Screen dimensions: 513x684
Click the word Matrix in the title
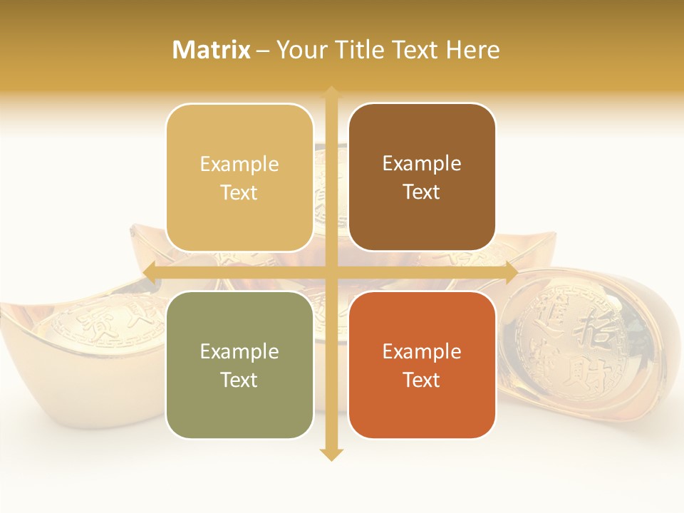(212, 50)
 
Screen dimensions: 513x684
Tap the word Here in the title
(472, 50)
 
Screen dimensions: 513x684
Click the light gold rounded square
(239, 177)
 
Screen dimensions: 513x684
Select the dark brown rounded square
(422, 177)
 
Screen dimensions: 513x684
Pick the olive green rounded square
(239, 365)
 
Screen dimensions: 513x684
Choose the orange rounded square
(422, 365)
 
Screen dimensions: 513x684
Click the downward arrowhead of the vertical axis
(331, 454)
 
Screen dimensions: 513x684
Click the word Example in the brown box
(422, 164)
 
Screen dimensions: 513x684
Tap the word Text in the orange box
(422, 380)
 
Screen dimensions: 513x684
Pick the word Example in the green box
(239, 351)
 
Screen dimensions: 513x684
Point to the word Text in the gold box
(239, 192)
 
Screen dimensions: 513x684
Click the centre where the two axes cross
(331, 272)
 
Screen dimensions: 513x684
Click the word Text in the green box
(239, 380)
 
